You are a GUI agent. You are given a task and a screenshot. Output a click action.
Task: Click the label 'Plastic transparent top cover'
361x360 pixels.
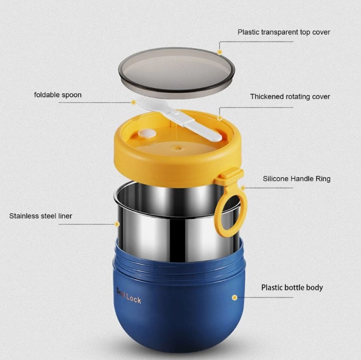pyautogui.click(x=284, y=32)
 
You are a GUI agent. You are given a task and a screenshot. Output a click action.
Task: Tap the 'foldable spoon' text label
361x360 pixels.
pyautogui.click(x=58, y=95)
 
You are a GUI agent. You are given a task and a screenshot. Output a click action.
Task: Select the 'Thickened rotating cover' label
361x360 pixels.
pyautogui.click(x=290, y=96)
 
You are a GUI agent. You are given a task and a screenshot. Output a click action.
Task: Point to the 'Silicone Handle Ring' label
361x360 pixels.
pyautogui.click(x=296, y=179)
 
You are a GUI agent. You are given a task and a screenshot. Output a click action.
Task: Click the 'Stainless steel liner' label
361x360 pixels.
pyautogui.click(x=41, y=216)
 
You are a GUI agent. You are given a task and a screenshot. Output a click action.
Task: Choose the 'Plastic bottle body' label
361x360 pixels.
pyautogui.click(x=292, y=287)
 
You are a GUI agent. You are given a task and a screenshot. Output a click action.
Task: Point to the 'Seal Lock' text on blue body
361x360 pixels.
pyautogui.click(x=129, y=296)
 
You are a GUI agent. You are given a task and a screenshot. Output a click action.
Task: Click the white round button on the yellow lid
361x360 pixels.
pyautogui.click(x=147, y=134)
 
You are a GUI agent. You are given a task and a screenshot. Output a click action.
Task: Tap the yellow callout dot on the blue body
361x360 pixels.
pyautogui.click(x=234, y=298)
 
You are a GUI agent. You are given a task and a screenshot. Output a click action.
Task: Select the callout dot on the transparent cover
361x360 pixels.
pyautogui.click(x=220, y=52)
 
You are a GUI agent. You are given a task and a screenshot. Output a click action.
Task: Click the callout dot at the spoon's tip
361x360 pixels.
pyautogui.click(x=134, y=103)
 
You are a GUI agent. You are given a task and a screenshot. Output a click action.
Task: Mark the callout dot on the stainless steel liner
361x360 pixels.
pyautogui.click(x=117, y=224)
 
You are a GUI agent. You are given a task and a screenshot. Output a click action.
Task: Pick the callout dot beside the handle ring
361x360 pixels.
pyautogui.click(x=243, y=188)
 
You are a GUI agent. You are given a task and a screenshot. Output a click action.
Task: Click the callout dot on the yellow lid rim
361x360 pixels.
pyautogui.click(x=220, y=118)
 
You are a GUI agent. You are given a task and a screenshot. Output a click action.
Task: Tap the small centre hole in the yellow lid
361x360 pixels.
pyautogui.click(x=177, y=148)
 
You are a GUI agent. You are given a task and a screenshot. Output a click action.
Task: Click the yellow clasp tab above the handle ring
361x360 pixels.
pyautogui.click(x=231, y=174)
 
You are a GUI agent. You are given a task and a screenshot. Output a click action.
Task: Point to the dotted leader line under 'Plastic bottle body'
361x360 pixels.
pyautogui.click(x=265, y=298)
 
